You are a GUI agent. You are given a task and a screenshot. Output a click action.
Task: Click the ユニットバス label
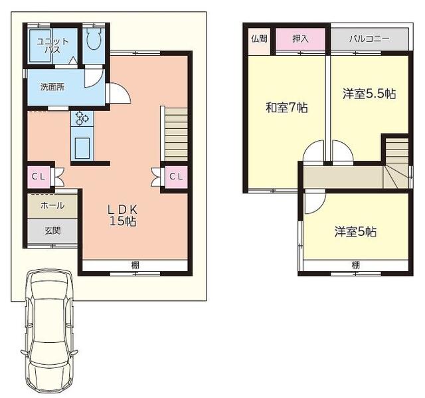(53, 46)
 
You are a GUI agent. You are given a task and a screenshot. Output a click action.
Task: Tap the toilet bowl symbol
(94, 38)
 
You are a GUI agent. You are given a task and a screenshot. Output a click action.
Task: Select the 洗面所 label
(52, 87)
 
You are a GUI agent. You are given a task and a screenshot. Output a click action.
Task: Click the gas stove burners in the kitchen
(82, 118)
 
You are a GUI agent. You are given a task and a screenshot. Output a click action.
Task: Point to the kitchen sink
(82, 148)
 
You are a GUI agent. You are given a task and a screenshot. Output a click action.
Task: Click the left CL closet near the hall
(39, 177)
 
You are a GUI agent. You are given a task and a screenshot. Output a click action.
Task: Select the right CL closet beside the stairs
(176, 177)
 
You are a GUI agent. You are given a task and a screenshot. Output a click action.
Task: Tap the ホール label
(52, 205)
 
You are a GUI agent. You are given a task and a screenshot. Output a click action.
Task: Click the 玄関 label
(52, 231)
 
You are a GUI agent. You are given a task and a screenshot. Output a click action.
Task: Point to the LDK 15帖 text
(123, 215)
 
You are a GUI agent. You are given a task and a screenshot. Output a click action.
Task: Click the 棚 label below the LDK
(135, 265)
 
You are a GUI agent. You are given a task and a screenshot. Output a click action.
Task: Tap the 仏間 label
(259, 39)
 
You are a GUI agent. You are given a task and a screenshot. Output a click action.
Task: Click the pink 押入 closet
(300, 39)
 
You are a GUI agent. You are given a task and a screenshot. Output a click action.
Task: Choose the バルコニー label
(369, 39)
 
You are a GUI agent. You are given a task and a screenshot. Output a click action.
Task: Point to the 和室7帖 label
(286, 108)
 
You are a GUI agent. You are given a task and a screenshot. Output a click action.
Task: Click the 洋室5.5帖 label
(369, 94)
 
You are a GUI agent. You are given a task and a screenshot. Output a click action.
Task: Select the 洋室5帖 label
(355, 232)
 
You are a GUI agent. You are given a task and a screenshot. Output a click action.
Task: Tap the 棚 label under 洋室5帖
(356, 265)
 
